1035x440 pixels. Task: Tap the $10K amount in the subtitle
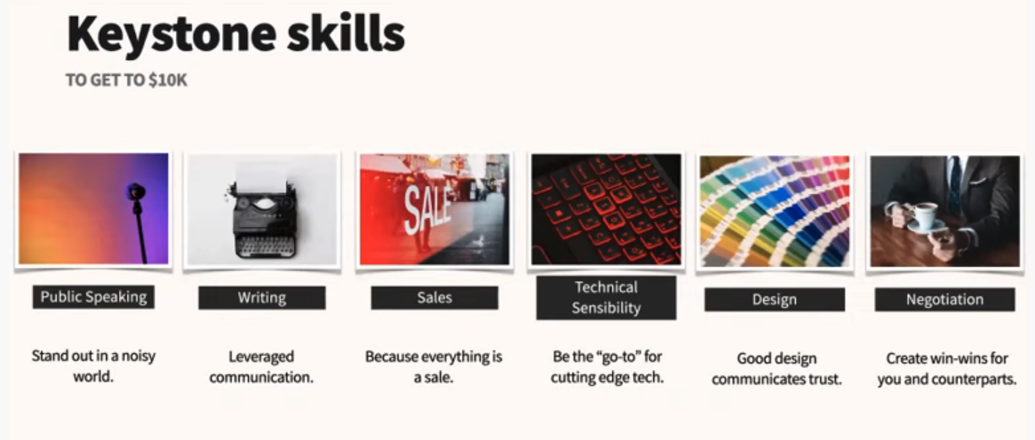168,80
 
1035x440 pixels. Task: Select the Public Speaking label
94,297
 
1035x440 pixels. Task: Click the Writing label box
262,298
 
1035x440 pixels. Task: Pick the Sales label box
435,298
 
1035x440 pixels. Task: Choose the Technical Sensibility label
606,297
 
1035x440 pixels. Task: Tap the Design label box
774,299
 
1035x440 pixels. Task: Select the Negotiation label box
945,299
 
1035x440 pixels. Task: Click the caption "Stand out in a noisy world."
94,366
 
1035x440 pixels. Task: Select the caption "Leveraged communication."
261,367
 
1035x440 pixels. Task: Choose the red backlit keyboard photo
606,209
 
